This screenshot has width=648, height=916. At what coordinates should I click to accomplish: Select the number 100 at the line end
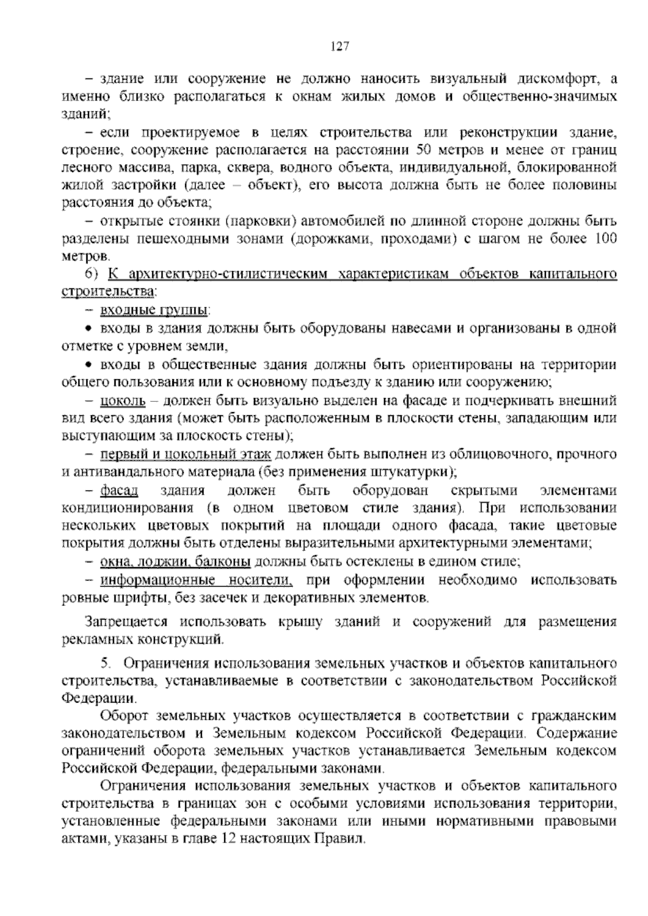point(605,238)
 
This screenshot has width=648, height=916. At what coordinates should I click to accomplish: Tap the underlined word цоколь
point(123,401)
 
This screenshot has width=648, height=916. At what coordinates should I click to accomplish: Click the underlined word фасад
point(119,490)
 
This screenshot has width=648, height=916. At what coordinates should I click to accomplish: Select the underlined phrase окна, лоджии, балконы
point(175,562)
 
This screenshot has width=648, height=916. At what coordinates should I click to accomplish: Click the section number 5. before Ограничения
point(105,663)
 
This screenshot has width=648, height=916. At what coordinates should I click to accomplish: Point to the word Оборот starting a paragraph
point(125,716)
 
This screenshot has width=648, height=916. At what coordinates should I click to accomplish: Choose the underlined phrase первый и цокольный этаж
point(186,454)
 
